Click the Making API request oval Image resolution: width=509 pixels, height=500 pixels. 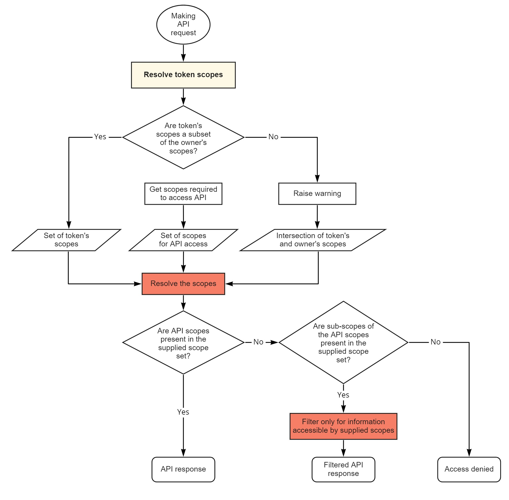pos(183,24)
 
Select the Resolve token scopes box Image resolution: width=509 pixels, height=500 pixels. pos(183,75)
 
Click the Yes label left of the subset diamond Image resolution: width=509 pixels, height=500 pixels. pos(100,137)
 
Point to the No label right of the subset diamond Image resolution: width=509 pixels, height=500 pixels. pos(273,137)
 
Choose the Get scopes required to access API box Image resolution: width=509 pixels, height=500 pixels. pos(183,194)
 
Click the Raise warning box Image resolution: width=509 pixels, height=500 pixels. pos(317,194)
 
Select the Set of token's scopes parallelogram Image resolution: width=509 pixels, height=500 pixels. pos(66,240)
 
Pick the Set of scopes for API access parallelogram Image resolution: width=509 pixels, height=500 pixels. pos(183,240)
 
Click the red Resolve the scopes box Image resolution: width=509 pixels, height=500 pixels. pos(183,284)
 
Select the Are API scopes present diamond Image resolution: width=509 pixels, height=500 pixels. pos(183,342)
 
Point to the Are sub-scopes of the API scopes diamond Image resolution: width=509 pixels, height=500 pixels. pos(343,342)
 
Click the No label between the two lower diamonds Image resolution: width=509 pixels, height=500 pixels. pos(258,342)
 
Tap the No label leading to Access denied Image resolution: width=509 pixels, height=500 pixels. pos(435,342)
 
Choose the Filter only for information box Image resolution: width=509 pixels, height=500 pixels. pos(343,426)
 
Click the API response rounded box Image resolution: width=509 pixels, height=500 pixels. pos(183,469)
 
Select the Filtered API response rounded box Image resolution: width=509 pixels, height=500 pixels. pos(343,469)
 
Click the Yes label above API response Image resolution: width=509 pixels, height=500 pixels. pos(183,412)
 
